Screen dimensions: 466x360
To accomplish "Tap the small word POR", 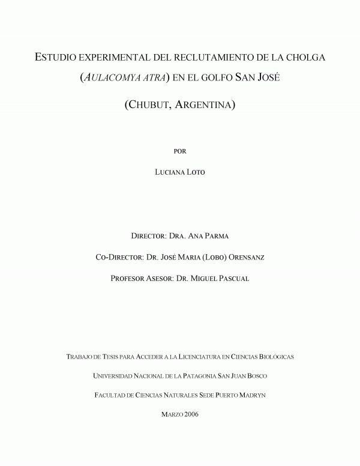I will click(179, 151).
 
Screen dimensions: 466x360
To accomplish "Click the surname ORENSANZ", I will click(247, 257).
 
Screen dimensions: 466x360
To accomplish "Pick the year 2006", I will click(191, 414).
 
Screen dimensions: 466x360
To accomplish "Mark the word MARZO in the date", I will click(172, 414).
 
